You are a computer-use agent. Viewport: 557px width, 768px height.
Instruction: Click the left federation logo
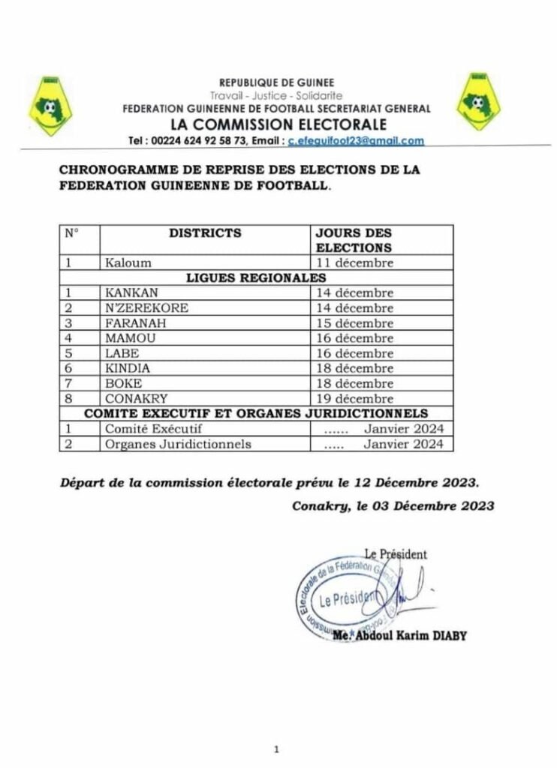pyautogui.click(x=50, y=106)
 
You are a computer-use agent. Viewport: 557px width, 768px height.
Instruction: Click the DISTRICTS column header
pyautogui.click(x=205, y=233)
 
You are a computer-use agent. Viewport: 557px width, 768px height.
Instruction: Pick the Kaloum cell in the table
pyautogui.click(x=128, y=262)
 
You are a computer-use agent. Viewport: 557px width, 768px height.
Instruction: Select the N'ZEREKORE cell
pyautogui.click(x=147, y=308)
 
